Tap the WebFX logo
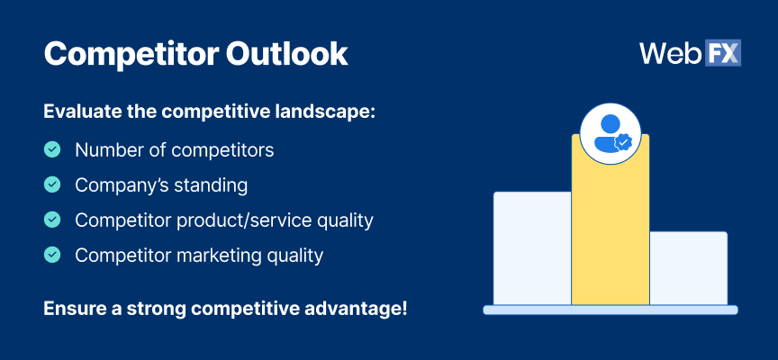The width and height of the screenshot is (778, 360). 690,53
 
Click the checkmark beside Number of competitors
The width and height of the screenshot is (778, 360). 53,149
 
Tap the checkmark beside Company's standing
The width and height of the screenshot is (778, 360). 53,184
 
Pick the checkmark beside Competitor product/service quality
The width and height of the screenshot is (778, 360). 53,220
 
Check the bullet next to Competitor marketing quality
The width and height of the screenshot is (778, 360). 53,255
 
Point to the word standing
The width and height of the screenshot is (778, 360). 212,185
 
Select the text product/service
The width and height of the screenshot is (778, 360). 250,220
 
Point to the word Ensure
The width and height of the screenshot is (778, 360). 71,309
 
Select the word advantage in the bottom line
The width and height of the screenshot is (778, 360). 357,309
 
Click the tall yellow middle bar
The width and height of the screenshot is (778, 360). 610,234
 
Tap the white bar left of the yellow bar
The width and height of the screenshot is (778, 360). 532,247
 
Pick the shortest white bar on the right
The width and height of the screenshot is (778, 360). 688,268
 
